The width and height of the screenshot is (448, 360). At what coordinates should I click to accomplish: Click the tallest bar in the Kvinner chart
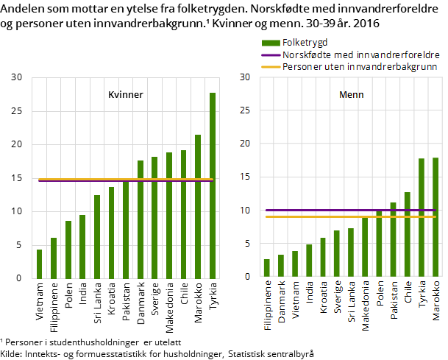pyautogui.click(x=213, y=186)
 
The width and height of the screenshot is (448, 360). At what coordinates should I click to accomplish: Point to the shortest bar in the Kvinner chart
pyautogui.click(x=39, y=264)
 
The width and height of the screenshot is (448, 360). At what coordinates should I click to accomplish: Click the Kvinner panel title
pyautogui.click(x=126, y=95)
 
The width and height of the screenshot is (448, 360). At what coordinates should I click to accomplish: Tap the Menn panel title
pyautogui.click(x=351, y=95)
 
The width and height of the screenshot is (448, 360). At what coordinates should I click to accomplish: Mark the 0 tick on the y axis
pyautogui.click(x=247, y=277)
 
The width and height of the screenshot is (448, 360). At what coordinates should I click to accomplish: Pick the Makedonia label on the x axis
pyautogui.click(x=366, y=306)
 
